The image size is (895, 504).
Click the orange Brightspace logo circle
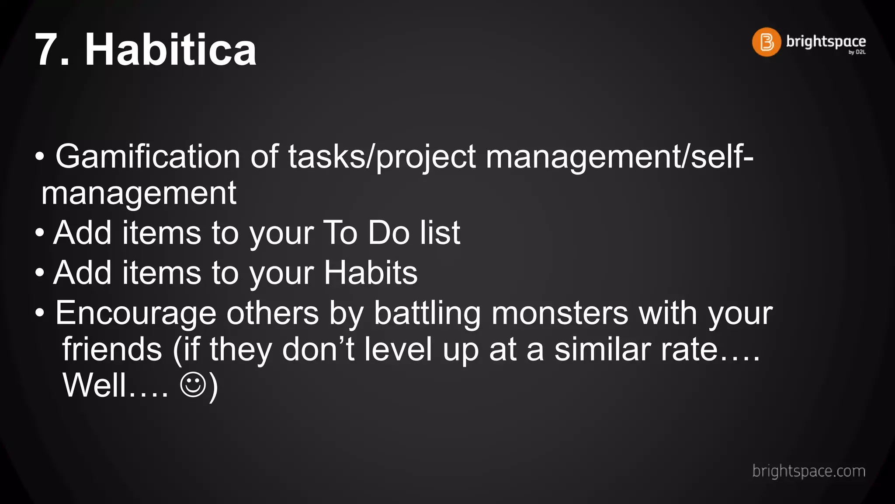coord(766,42)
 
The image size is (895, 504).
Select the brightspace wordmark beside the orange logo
coord(826,41)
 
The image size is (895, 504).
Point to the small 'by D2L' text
coord(857,52)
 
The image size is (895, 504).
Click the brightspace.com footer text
coord(808,471)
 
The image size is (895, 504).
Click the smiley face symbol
coord(193,385)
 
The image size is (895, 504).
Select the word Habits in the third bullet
coord(371,273)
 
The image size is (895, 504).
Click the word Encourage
coord(135,314)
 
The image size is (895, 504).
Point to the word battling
coord(427,314)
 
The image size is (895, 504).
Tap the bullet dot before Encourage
coord(40,313)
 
